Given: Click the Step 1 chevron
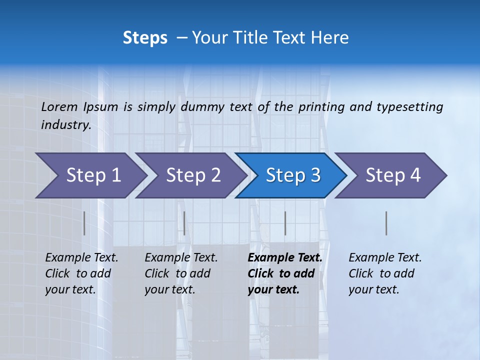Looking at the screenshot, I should pos(90,175).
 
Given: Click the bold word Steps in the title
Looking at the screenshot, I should pos(145,38).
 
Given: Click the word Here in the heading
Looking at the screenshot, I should pos(329,38).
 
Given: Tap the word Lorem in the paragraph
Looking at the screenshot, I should pos(59,106).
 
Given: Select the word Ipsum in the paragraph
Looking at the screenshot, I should pos(101,106).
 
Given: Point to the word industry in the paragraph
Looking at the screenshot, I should pos(65,124).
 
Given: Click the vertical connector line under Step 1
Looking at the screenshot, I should pos(84,223).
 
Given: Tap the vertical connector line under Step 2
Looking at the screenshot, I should pos(184,223).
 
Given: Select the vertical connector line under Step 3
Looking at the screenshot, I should pos(285,223).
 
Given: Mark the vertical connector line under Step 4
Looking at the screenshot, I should pos(386,223).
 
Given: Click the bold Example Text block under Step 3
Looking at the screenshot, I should pos(284,273).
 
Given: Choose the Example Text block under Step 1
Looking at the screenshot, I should pos(81,273).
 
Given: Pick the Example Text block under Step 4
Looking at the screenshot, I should pos(385,273).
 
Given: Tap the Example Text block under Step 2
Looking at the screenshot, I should pos(181,273).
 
